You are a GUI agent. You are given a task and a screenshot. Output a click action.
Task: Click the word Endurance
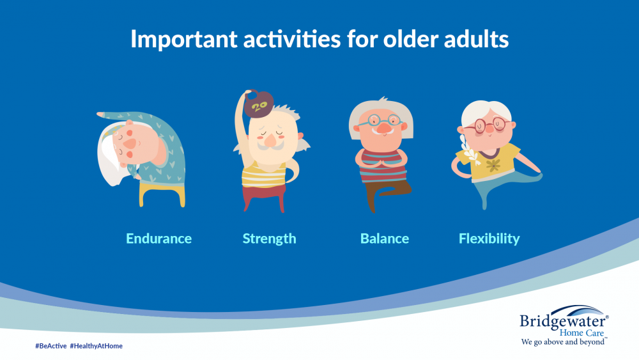(x=158, y=239)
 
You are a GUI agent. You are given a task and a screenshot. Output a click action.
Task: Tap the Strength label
(x=270, y=239)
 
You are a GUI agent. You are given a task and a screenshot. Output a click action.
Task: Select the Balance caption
(x=385, y=239)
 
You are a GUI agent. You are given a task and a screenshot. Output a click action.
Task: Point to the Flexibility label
(x=489, y=239)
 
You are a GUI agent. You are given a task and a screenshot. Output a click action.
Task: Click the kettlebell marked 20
(x=258, y=104)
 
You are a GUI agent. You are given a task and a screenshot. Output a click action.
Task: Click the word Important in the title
(x=184, y=40)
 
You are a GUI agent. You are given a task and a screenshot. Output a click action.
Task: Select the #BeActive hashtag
(x=51, y=346)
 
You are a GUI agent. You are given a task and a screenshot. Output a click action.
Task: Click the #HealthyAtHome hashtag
(x=96, y=346)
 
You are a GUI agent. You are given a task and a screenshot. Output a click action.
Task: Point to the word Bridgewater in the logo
(x=563, y=321)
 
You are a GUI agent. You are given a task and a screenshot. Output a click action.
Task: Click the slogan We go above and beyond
(x=563, y=342)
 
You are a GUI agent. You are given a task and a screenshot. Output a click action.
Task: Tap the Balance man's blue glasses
(x=380, y=121)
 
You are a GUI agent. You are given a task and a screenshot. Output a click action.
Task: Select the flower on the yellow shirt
(x=493, y=165)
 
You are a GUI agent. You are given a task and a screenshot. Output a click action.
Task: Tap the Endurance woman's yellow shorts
(x=162, y=194)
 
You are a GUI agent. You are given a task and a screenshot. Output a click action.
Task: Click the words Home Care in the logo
(x=581, y=333)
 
